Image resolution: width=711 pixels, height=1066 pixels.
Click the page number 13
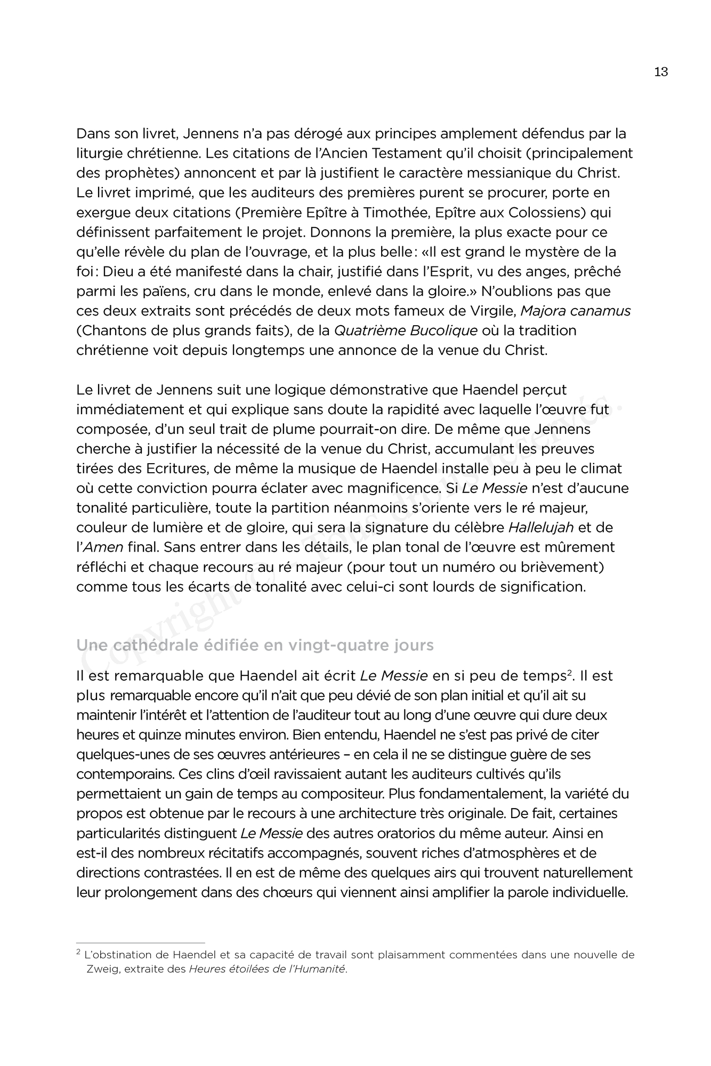(x=661, y=72)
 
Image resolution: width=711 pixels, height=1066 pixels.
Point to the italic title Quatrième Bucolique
(x=405, y=330)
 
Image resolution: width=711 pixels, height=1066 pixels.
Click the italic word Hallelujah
(x=541, y=528)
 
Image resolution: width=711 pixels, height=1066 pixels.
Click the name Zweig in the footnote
(x=102, y=970)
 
